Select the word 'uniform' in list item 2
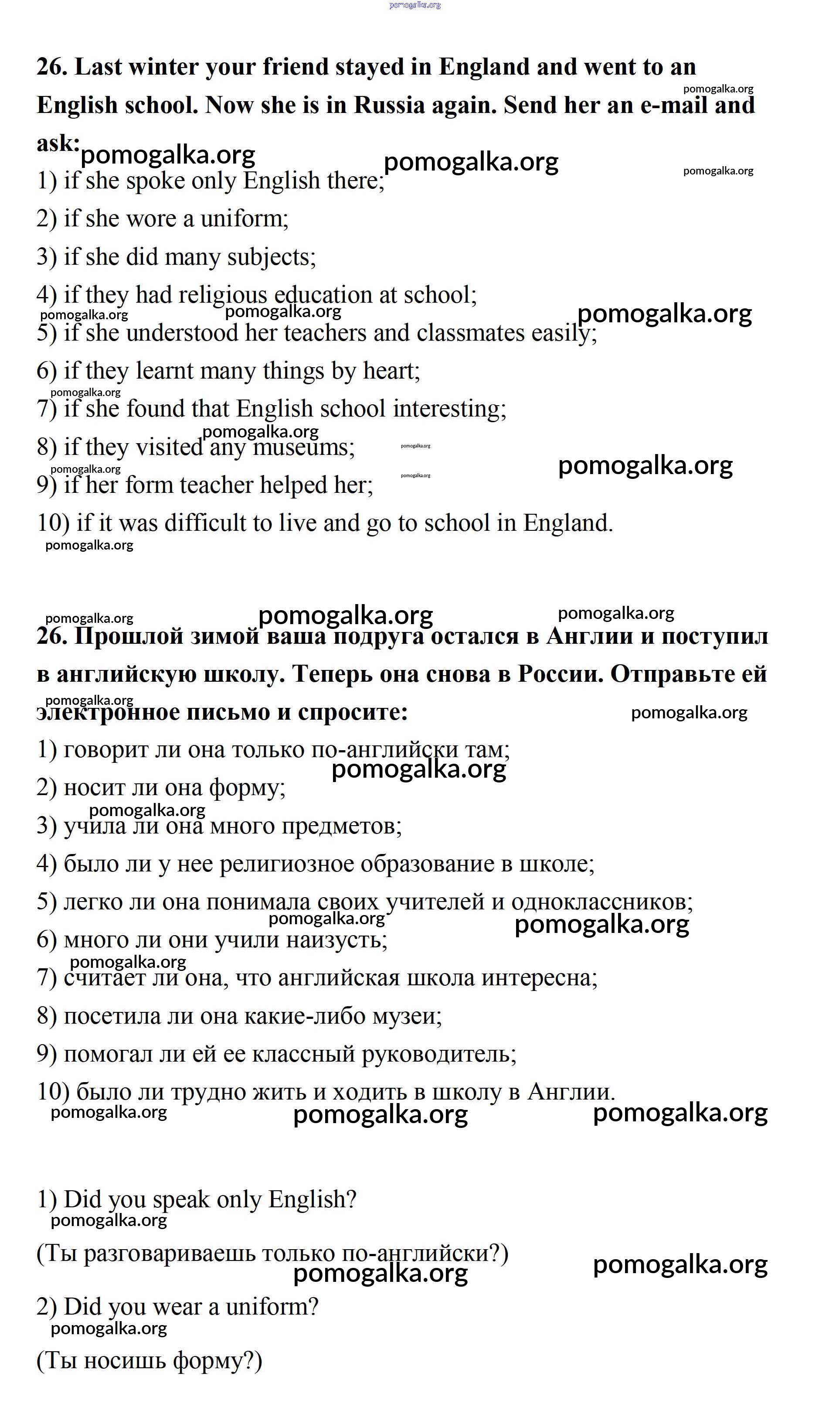[243, 219]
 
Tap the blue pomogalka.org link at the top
[414, 5]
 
